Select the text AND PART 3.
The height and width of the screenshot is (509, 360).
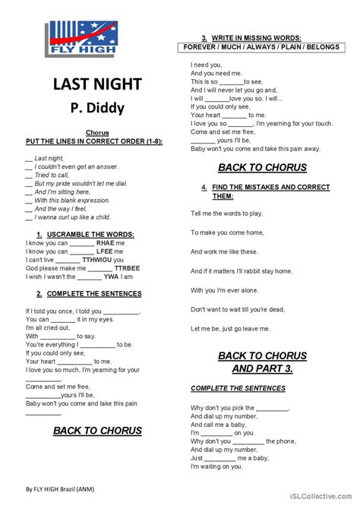pos(262,368)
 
